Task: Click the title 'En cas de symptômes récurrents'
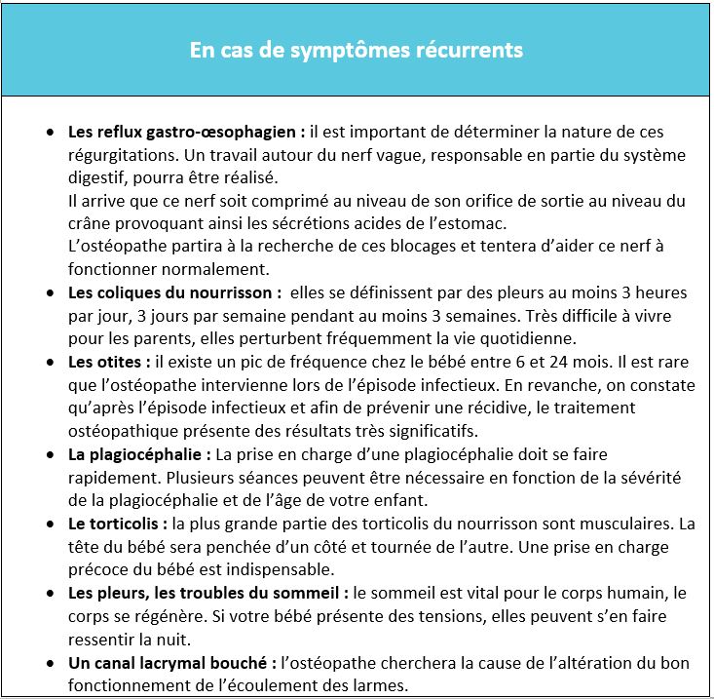[x=356, y=49]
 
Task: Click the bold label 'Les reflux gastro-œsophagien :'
[x=186, y=131]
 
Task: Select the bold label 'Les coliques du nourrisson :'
[x=175, y=292]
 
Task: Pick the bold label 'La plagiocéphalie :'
[x=139, y=455]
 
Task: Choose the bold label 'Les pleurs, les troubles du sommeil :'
[x=207, y=594]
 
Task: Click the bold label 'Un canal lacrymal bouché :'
[x=172, y=664]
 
